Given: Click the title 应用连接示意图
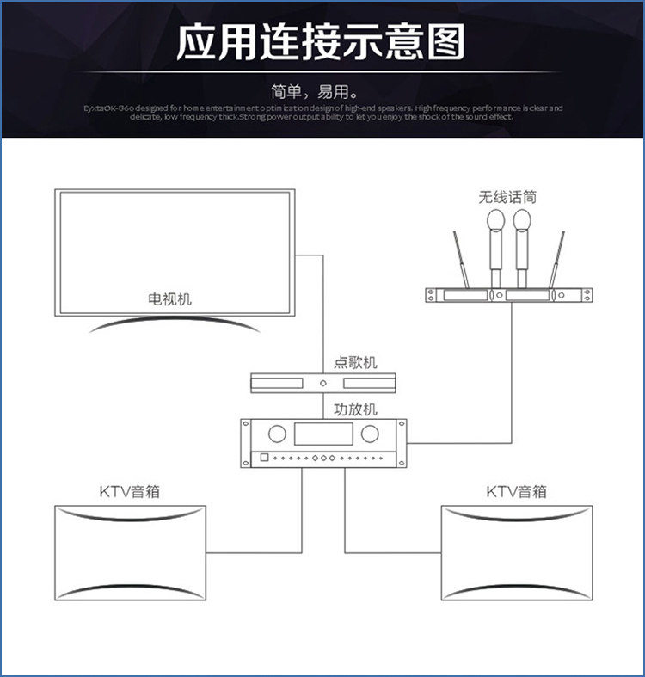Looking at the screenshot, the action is pyautogui.click(x=321, y=43).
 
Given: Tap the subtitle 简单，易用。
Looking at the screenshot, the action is pyautogui.click(x=321, y=91).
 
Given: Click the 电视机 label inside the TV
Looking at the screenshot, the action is pyautogui.click(x=170, y=299).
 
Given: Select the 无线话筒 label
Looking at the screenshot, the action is pyautogui.click(x=508, y=197).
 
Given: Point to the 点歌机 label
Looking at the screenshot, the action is pyautogui.click(x=355, y=363).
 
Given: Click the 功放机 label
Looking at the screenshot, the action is pyautogui.click(x=355, y=409).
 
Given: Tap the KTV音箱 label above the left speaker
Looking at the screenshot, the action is pyautogui.click(x=129, y=492).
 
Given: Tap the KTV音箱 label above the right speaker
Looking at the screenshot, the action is pyautogui.click(x=516, y=492).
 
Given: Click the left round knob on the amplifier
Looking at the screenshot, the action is pyautogui.click(x=276, y=433).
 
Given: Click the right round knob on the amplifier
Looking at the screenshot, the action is pyautogui.click(x=369, y=433).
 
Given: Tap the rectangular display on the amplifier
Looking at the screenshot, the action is pyautogui.click(x=322, y=433).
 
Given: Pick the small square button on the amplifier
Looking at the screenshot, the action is pyautogui.click(x=264, y=457).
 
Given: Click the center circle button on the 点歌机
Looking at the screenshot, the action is pyautogui.click(x=322, y=383).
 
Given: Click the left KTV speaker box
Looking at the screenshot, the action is pyautogui.click(x=129, y=553).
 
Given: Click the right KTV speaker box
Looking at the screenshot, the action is pyautogui.click(x=517, y=553).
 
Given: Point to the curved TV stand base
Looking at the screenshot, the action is pyautogui.click(x=171, y=323).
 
